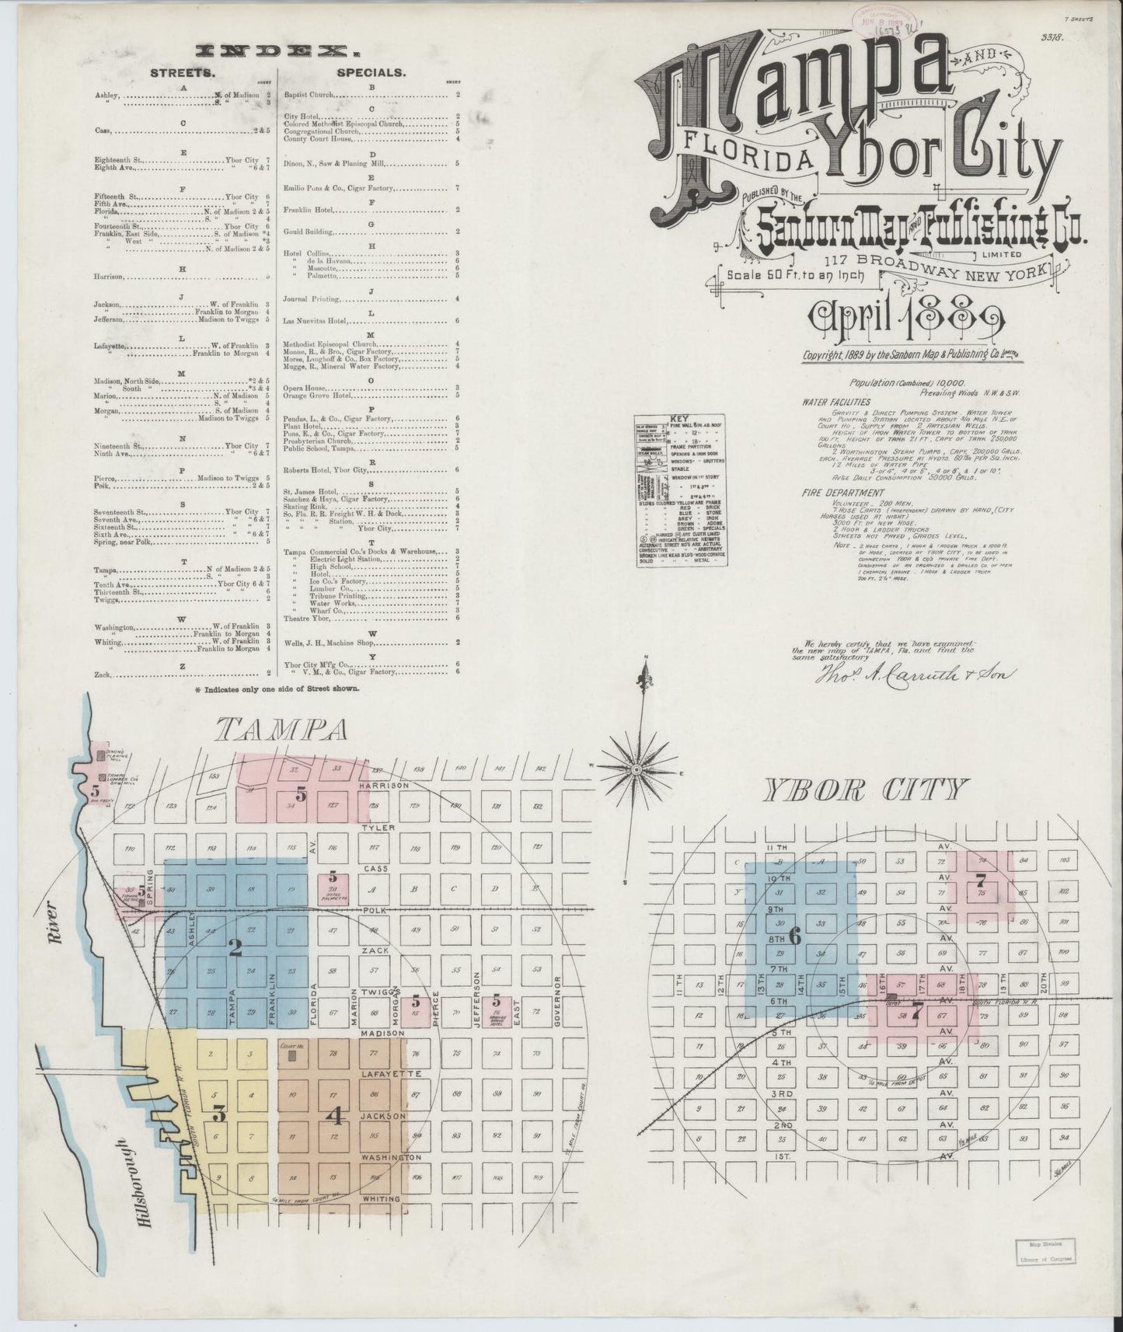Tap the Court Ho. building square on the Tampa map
pyautogui.click(x=292, y=1058)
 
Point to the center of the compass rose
pyautogui.click(x=636, y=769)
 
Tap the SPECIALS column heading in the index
pyautogui.click(x=370, y=72)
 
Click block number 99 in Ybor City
pyautogui.click(x=1064, y=984)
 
